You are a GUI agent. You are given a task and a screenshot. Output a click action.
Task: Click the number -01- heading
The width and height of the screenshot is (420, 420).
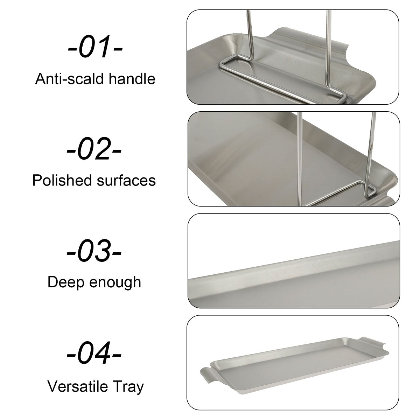click(x=95, y=47)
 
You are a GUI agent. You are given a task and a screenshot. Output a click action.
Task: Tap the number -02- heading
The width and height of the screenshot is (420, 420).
click(x=94, y=148)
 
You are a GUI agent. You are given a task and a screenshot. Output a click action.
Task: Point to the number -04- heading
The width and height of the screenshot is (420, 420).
click(x=94, y=353)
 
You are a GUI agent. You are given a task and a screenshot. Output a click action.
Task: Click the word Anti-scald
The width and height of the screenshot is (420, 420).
click(x=69, y=78)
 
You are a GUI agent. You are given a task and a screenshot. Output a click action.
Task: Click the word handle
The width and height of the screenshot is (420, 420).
click(x=132, y=78)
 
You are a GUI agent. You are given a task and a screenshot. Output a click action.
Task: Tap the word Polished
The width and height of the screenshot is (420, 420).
click(x=62, y=180)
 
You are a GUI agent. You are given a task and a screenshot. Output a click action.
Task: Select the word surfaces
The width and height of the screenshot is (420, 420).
click(x=126, y=181)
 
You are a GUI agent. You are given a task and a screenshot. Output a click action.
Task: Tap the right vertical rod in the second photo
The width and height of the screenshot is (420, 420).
click(x=371, y=153)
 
